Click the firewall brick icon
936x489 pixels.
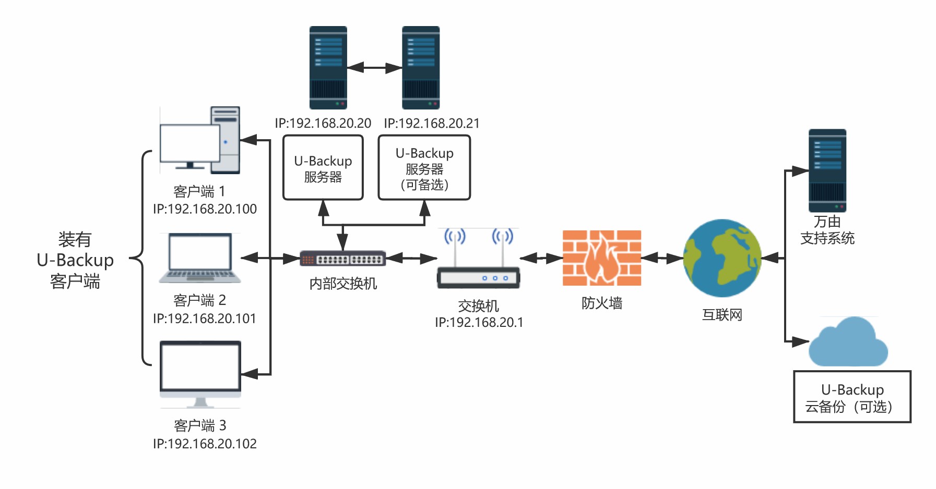[601, 258]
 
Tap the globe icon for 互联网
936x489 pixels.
[722, 258]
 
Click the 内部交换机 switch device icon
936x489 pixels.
[342, 259]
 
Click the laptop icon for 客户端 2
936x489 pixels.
[200, 258]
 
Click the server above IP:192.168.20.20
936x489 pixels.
[328, 68]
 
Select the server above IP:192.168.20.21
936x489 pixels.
[421, 68]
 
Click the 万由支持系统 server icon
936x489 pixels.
[827, 170]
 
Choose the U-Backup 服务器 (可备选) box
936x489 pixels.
[424, 168]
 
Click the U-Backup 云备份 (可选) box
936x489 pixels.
[852, 397]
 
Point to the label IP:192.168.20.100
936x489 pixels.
[205, 209]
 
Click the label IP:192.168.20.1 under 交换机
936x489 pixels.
[479, 323]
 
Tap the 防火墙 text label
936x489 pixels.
[602, 303]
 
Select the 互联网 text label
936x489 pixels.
[722, 315]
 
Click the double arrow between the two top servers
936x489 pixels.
[374, 68]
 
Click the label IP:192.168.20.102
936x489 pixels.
[205, 444]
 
